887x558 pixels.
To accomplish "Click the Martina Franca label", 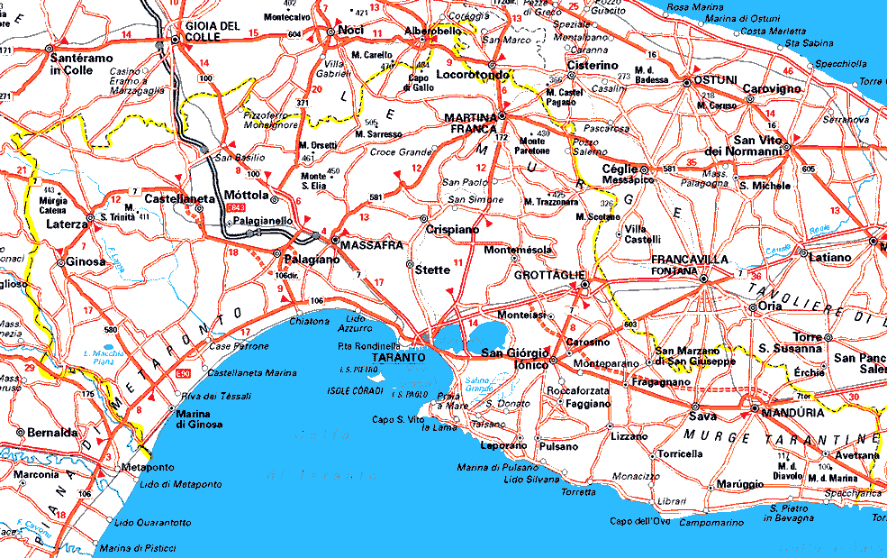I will [x=471, y=123].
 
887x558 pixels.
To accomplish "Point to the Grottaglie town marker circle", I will [x=584, y=285].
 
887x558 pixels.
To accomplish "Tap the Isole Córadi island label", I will [x=356, y=391].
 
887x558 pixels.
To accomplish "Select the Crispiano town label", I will [x=452, y=230].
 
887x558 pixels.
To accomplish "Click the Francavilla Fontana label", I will [x=689, y=264].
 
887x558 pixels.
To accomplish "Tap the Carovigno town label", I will [x=771, y=89].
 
